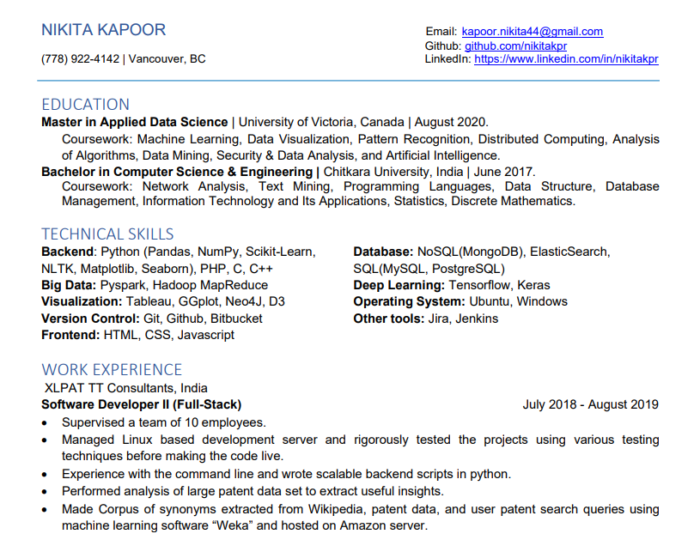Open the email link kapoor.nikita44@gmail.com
click(532, 32)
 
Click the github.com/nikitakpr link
click(515, 46)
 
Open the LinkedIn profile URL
click(566, 59)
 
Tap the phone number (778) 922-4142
click(81, 59)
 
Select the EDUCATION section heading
click(85, 104)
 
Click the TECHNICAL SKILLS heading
click(107, 234)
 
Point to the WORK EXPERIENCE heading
click(112, 369)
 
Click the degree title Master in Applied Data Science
click(134, 122)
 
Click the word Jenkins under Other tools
click(477, 319)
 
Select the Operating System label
click(409, 301)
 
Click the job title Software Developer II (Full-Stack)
click(141, 404)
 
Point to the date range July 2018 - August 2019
click(590, 404)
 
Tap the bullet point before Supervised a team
click(46, 422)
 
